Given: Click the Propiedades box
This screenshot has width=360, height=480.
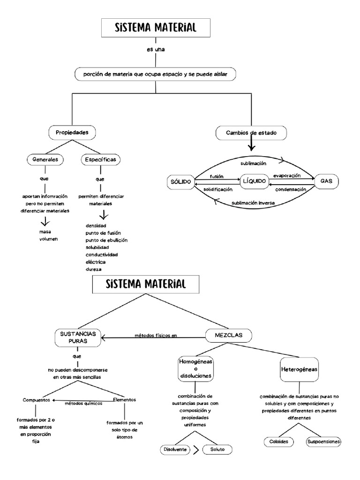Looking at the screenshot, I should (x=72, y=133).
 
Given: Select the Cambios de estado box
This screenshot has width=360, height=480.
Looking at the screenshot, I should (x=251, y=133).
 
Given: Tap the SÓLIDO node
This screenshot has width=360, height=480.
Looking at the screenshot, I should (x=180, y=181).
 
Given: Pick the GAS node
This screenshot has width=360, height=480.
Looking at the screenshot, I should (x=326, y=181).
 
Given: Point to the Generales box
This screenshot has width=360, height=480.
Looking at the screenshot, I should (x=45, y=159).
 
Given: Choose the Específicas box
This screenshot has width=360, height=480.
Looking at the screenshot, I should (x=100, y=160).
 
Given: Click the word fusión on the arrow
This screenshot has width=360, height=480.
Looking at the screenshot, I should (x=216, y=176).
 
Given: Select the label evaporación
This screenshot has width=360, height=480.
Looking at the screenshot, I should (x=286, y=176).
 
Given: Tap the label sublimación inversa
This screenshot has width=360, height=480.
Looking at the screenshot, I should (x=253, y=203).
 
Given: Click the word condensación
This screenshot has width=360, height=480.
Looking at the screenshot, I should (x=291, y=189).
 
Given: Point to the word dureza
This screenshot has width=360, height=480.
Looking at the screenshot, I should (x=94, y=269).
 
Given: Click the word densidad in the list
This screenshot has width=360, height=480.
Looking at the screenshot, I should (x=96, y=225).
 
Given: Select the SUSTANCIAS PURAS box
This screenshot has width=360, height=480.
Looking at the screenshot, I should (x=78, y=337).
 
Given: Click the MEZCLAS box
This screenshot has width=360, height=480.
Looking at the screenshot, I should (x=229, y=335).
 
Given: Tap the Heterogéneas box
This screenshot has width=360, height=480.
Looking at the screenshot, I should (x=299, y=369).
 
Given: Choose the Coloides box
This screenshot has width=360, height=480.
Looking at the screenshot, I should (x=278, y=442).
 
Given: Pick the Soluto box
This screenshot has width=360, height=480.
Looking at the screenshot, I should (x=217, y=449).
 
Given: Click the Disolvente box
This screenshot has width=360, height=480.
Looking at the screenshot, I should (x=175, y=449).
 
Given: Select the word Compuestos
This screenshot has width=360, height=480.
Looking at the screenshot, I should (x=37, y=400).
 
